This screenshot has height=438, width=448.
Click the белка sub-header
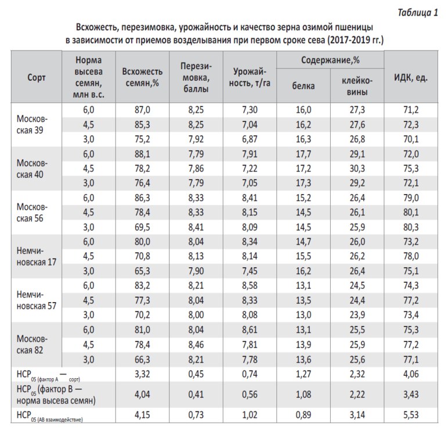click(x=304, y=85)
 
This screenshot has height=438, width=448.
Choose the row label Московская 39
click(x=32, y=124)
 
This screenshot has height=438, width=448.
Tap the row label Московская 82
click(x=32, y=344)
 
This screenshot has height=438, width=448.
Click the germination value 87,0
click(x=142, y=109)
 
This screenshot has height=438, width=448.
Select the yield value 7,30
click(x=250, y=109)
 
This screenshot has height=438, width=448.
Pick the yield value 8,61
click(x=250, y=330)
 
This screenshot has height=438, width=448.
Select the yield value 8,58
click(x=250, y=286)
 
